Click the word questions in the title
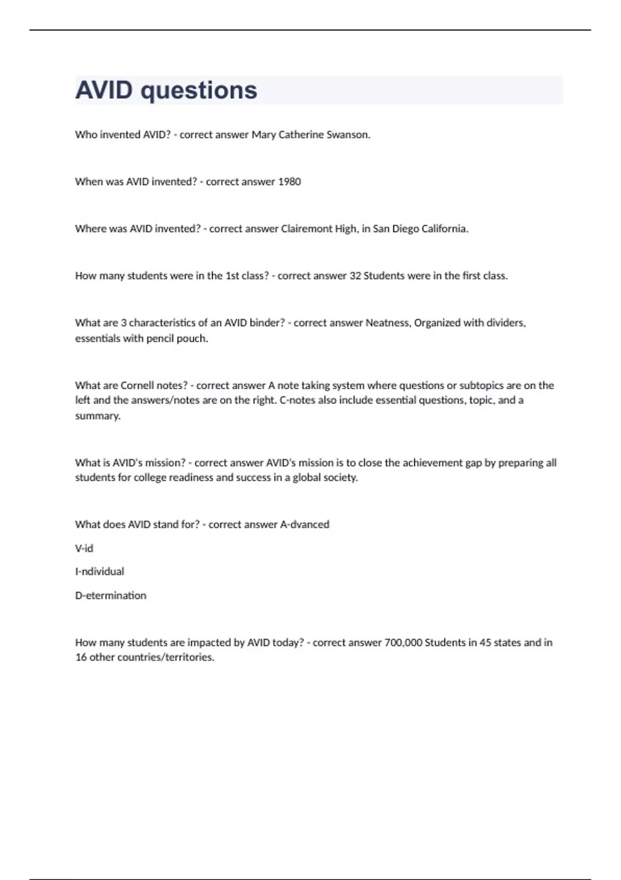pyautogui.click(x=199, y=91)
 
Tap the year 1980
pyautogui.click(x=289, y=182)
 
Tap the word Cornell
pyautogui.click(x=138, y=386)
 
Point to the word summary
pyautogui.click(x=98, y=416)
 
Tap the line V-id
pyautogui.click(x=84, y=548)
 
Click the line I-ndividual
pyautogui.click(x=100, y=571)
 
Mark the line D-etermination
pyautogui.click(x=111, y=595)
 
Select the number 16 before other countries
pyautogui.click(x=81, y=657)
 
